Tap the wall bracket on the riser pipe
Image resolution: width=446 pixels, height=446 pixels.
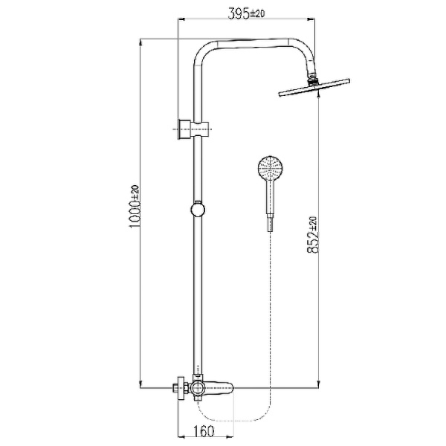click(x=193, y=128)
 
